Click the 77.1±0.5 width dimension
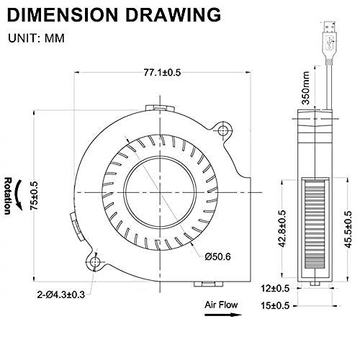(x=162, y=73)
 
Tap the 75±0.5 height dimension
(x=35, y=196)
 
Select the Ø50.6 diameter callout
(x=218, y=256)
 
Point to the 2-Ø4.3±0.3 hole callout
(x=61, y=294)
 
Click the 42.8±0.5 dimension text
(x=282, y=228)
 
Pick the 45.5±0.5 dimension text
(x=348, y=229)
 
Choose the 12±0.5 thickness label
(x=275, y=288)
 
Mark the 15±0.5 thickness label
(x=275, y=306)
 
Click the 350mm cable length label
(x=306, y=88)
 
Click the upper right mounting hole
(x=223, y=130)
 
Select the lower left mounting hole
(x=95, y=261)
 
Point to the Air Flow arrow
(x=223, y=315)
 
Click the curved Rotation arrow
(x=19, y=196)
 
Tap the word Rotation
(x=8, y=196)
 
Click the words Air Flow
(x=221, y=305)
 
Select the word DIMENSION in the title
(x=63, y=14)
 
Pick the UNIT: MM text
(x=36, y=38)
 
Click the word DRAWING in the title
(x=173, y=14)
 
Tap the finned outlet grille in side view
(x=315, y=224)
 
